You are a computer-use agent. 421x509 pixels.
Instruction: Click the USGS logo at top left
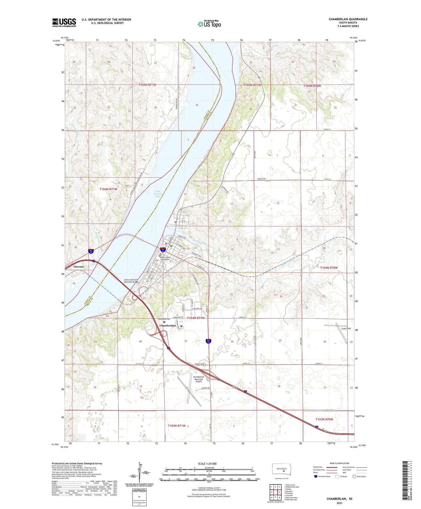[x=64, y=22]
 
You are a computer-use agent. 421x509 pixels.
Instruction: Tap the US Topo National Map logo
[x=209, y=24]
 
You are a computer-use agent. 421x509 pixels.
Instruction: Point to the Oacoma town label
[x=78, y=266]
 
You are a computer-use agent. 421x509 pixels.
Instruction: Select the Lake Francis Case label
[x=157, y=194]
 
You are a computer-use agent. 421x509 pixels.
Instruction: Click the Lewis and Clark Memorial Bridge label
[x=131, y=281]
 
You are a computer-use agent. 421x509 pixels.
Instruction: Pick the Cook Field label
[x=346, y=329]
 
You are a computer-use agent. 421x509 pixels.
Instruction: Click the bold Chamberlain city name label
[x=168, y=326]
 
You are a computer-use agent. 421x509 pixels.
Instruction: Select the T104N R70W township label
[x=329, y=268]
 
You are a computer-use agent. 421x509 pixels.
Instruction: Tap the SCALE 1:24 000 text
[x=207, y=464]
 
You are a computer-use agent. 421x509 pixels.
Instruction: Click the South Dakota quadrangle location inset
[x=281, y=470]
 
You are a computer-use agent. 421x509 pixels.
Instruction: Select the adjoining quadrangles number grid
[x=275, y=493]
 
